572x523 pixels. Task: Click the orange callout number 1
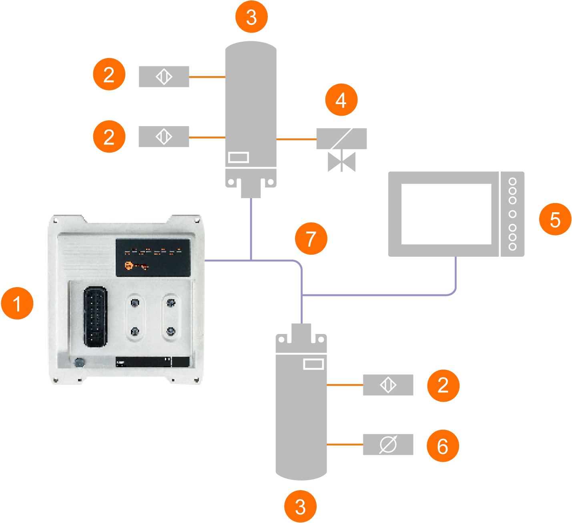point(17,303)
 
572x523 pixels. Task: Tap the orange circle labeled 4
point(341,100)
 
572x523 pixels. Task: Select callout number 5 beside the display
point(555,219)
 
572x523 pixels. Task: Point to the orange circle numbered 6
point(443,446)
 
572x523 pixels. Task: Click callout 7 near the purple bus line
point(311,239)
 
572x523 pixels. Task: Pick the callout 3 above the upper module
point(251,17)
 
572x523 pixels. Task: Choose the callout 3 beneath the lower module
point(300,506)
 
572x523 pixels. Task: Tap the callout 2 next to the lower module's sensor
point(443,385)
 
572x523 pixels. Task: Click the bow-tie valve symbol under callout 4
point(341,161)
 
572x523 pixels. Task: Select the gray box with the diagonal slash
point(341,139)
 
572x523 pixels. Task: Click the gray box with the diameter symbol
point(388,445)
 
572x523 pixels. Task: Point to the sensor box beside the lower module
point(388,385)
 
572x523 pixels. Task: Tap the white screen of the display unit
point(446,214)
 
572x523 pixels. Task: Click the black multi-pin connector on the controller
point(95,316)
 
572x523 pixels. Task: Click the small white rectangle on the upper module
point(239,157)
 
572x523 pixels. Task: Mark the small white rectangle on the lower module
point(313,364)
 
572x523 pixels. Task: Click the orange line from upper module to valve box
point(296,139)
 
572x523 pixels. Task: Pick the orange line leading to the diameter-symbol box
point(345,445)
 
